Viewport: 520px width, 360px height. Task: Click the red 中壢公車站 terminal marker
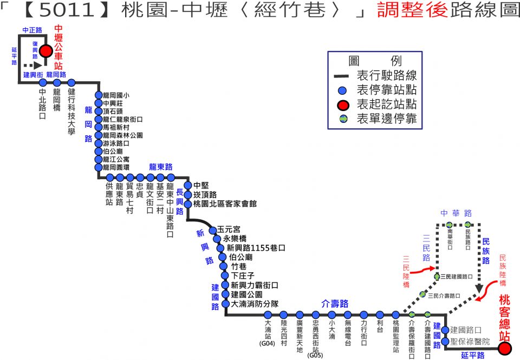click(45, 51)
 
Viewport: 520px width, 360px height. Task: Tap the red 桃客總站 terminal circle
click(505, 349)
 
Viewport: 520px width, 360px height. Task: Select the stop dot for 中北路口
click(43, 82)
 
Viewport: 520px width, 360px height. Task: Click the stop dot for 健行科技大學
click(71, 82)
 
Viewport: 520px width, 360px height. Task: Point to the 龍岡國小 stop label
click(116, 95)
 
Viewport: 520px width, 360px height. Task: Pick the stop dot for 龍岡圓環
click(99, 167)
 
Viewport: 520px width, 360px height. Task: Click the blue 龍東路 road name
click(161, 167)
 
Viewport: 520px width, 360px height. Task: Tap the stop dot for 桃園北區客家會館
click(188, 204)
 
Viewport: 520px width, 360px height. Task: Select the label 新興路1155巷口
click(256, 247)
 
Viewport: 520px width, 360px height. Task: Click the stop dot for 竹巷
click(224, 266)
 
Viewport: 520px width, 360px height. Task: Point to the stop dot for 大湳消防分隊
click(226, 304)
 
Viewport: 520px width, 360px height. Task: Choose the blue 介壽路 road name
click(335, 303)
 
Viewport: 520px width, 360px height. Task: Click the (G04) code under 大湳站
click(267, 343)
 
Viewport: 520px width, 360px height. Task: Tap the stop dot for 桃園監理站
click(396, 315)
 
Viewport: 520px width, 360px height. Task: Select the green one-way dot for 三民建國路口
click(438, 277)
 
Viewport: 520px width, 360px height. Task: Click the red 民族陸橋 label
click(503, 270)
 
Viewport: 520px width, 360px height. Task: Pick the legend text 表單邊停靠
click(387, 119)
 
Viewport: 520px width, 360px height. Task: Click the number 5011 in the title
click(67, 10)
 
